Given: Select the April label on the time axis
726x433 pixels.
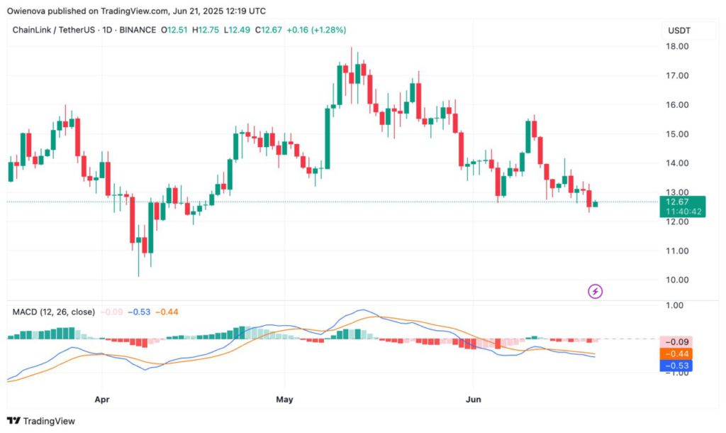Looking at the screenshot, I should [x=103, y=400].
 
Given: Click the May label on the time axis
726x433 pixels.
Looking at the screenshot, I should [x=284, y=400].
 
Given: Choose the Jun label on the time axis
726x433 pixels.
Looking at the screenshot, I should [x=474, y=400].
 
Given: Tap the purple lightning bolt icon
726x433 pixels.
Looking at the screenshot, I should [x=596, y=291].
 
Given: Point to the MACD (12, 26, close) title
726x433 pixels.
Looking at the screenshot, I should [x=55, y=312].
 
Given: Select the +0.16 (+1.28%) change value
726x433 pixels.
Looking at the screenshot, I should [x=316, y=30].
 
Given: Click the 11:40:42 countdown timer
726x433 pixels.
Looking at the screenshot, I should [x=682, y=212].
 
